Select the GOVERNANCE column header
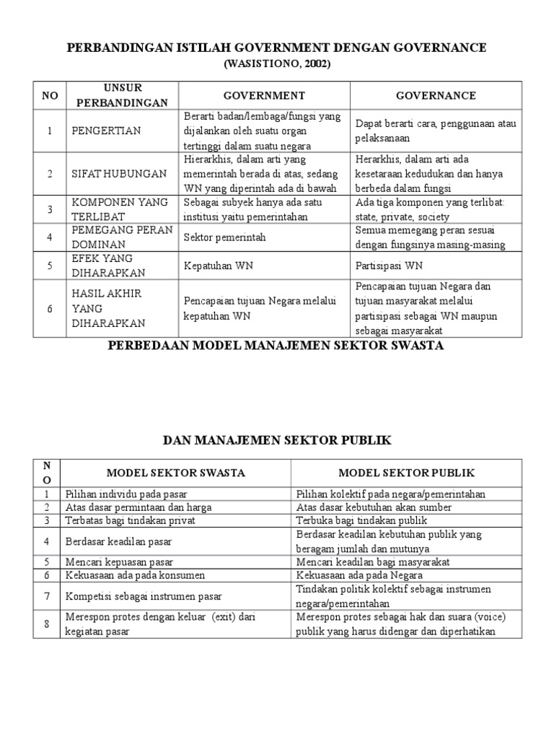coord(436,95)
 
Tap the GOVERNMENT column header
coord(264,95)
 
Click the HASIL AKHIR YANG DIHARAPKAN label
coord(107,309)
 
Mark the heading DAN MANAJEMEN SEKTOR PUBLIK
coord(277,440)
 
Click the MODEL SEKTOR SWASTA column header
coord(176,473)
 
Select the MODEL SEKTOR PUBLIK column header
coord(407,473)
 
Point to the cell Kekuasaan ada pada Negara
coord(359,575)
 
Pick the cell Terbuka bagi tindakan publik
coord(358,520)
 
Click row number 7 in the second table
coord(47,596)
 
